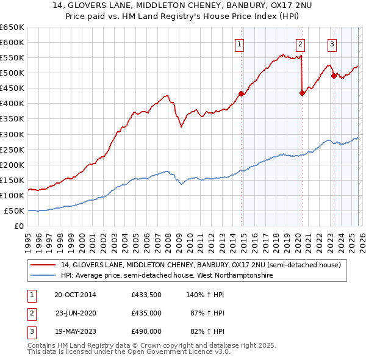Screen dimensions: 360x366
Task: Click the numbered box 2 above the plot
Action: point(301,43)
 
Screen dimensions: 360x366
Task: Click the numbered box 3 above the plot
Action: point(332,43)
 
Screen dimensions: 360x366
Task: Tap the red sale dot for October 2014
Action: point(241,93)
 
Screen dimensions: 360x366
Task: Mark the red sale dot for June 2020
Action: point(302,93)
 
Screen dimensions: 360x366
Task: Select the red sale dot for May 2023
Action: point(333,76)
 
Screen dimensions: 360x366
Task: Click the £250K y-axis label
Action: point(12,149)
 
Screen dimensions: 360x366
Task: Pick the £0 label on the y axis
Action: point(20,226)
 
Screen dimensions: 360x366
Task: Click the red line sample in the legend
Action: point(45,265)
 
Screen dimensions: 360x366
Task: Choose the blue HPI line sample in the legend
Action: point(45,275)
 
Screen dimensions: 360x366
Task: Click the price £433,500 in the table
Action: point(146,295)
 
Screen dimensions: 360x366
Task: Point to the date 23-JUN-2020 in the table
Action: point(76,313)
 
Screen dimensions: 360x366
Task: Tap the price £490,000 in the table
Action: point(146,331)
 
